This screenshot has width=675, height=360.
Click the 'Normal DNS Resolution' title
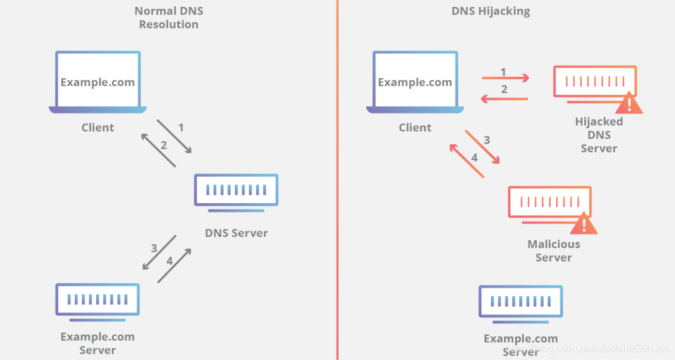[x=168, y=17]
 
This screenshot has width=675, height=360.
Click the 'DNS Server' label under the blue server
[x=236, y=233]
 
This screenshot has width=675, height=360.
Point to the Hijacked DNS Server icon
[x=594, y=82]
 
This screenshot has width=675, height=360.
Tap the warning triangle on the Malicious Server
[x=584, y=223]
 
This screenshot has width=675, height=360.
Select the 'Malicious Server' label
[x=554, y=251]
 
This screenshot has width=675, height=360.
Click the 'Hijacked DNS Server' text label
[x=599, y=135]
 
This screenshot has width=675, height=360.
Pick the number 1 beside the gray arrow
[x=181, y=127]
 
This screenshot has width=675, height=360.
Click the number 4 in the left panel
[x=169, y=261]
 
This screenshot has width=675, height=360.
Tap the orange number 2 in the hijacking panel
[x=504, y=89]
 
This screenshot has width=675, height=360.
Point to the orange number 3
[x=487, y=140]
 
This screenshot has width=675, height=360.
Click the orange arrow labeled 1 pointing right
[x=505, y=78]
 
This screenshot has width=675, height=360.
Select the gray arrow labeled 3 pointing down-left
[x=159, y=252]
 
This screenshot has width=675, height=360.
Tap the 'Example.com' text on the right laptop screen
[x=415, y=82]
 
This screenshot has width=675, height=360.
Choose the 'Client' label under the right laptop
[x=415, y=127]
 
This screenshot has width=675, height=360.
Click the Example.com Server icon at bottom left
[x=97, y=300]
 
